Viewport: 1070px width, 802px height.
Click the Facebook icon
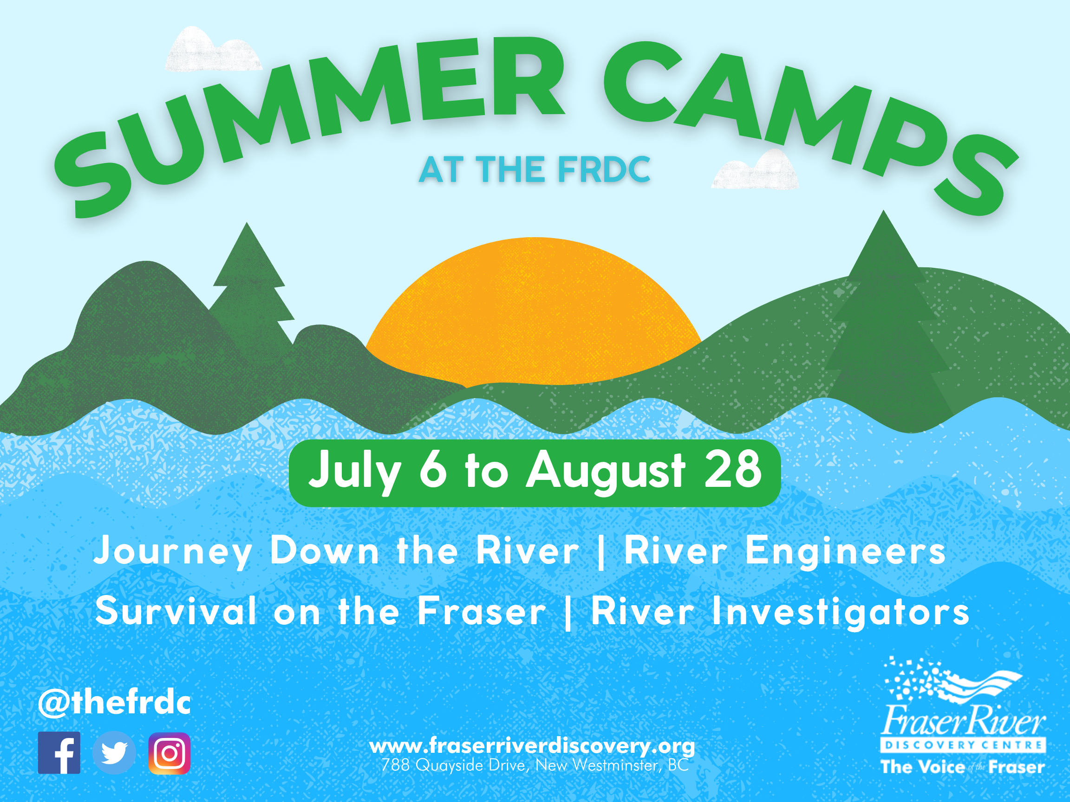[59, 753]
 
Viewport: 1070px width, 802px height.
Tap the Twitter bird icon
[114, 753]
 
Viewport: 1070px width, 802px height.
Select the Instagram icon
[170, 753]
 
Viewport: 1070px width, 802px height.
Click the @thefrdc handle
[115, 703]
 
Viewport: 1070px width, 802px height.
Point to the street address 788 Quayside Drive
[535, 765]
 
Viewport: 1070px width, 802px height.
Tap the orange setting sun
[535, 314]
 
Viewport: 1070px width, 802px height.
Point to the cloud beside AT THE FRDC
[755, 172]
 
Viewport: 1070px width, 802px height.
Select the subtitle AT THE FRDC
[535, 170]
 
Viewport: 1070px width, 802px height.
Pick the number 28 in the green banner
[732, 469]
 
